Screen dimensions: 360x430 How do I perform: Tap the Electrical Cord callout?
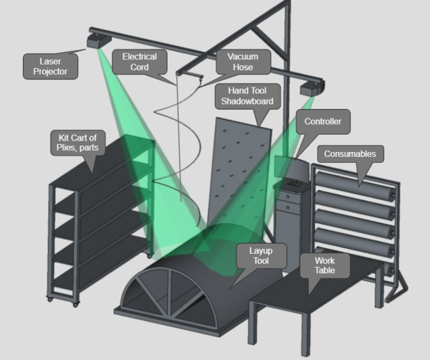139,62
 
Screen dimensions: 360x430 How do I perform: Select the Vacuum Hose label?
244,62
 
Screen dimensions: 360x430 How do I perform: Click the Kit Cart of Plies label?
78,142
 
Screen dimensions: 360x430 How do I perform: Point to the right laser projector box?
311,90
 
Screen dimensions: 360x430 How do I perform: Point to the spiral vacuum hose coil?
172,143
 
